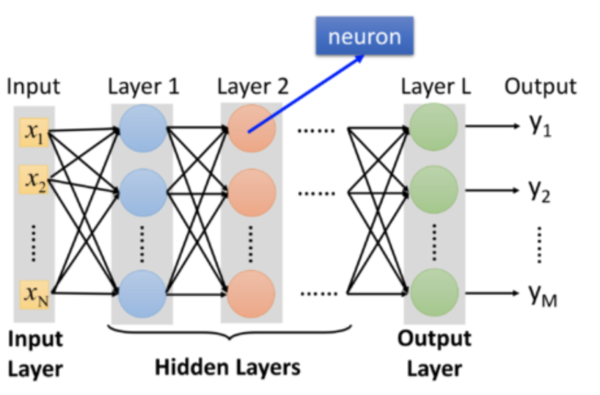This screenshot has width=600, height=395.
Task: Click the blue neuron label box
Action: (x=365, y=36)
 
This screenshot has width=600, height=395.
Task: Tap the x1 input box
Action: (x=34, y=132)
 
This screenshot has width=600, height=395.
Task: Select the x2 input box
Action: (x=34, y=180)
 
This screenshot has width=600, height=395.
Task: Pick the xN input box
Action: (x=34, y=294)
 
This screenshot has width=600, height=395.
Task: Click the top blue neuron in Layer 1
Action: (x=143, y=128)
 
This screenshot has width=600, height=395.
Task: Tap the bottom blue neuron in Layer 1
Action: (x=142, y=294)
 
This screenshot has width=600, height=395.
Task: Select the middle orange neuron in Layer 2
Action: (x=252, y=192)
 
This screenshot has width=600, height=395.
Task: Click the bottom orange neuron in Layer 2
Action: (x=251, y=294)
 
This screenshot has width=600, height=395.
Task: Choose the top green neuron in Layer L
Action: (x=433, y=127)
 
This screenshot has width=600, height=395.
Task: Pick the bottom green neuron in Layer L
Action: (x=434, y=293)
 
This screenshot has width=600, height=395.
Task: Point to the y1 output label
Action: (x=541, y=126)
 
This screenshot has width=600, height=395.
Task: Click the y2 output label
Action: (x=540, y=190)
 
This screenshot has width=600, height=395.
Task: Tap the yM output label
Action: (x=543, y=295)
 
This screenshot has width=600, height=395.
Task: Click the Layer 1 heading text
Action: (x=144, y=86)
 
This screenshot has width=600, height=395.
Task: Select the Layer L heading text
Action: (x=436, y=86)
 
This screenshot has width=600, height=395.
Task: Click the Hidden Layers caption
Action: (x=227, y=367)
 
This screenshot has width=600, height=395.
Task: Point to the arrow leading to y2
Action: (x=492, y=190)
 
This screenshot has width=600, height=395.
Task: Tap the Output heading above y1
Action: (x=541, y=87)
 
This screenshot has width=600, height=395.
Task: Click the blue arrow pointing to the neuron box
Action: (x=306, y=94)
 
